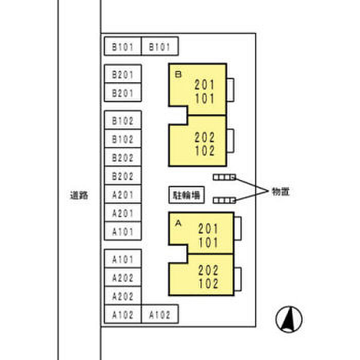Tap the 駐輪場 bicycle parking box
click(x=186, y=195)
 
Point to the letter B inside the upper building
click(x=178, y=75)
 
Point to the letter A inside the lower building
click(x=178, y=223)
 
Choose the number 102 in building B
click(x=204, y=151)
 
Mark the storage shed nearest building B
click(x=224, y=177)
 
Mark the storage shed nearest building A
click(x=224, y=200)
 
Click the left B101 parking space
click(x=122, y=47)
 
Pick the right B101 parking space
click(x=159, y=47)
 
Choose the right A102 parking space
click(x=159, y=315)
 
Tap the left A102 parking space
click(x=122, y=315)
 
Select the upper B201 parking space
click(x=122, y=75)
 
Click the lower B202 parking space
click(x=122, y=176)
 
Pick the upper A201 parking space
click(x=122, y=195)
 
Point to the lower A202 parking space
click(x=122, y=296)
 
